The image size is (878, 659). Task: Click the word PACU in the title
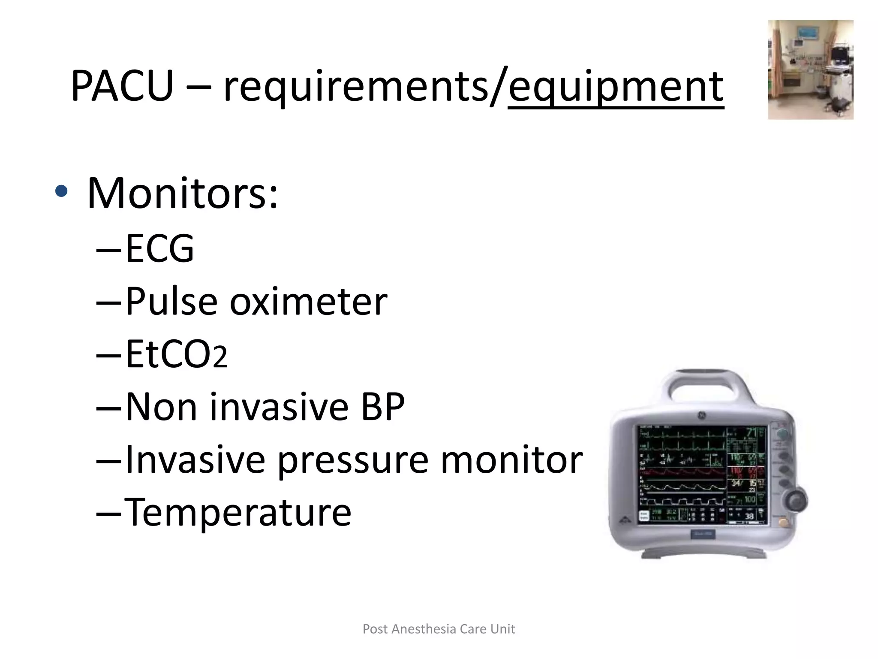122,86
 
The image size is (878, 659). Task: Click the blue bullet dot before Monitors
61,191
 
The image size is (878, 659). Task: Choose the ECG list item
159,248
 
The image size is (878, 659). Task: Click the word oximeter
308,302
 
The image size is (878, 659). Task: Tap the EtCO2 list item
176,354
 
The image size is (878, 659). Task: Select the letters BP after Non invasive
383,407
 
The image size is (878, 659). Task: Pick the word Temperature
238,512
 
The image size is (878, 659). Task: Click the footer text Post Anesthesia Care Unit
439,629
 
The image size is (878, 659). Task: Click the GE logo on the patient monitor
702,416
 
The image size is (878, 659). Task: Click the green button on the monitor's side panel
782,433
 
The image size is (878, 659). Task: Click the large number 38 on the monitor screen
749,516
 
